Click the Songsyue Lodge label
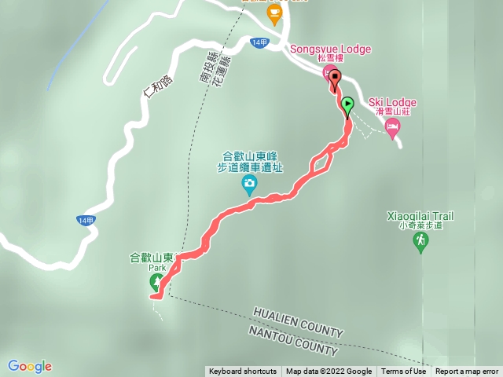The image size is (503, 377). pos(331,48)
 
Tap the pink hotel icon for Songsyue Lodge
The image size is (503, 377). pos(329,72)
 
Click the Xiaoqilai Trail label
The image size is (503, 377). pos(420,215)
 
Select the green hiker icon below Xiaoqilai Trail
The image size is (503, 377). pos(421,240)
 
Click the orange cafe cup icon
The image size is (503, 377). pos(274,13)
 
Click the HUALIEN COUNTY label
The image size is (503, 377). pos(298,322)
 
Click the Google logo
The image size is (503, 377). pos(30,366)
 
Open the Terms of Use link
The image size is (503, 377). pos(403,372)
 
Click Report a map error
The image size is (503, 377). pos(467,372)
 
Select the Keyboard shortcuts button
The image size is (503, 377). pos(243,372)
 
